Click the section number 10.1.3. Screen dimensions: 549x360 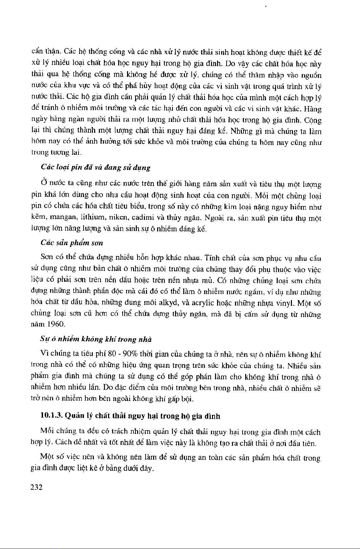tap(51, 416)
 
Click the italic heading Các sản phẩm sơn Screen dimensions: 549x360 tap(71, 243)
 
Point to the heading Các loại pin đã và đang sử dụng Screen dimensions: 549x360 tap(95, 168)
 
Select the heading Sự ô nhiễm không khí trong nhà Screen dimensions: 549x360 tap(96, 339)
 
